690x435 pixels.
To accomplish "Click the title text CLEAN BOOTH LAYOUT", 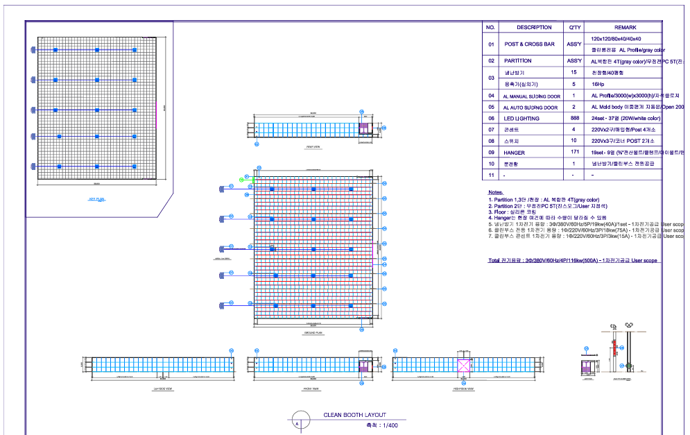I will (354, 414).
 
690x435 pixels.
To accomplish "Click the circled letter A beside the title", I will (297, 423).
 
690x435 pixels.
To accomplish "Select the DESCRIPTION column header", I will (535, 28).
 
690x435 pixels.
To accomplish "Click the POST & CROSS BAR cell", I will (529, 44).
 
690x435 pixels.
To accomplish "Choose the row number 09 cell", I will (491, 153).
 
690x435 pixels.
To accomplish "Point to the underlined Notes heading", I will (495, 191).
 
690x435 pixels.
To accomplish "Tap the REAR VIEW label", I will (313, 147).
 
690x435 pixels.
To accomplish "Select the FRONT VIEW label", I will (311, 389).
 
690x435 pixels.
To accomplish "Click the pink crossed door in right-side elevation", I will (464, 366).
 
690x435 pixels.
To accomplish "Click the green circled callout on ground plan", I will (242, 180).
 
